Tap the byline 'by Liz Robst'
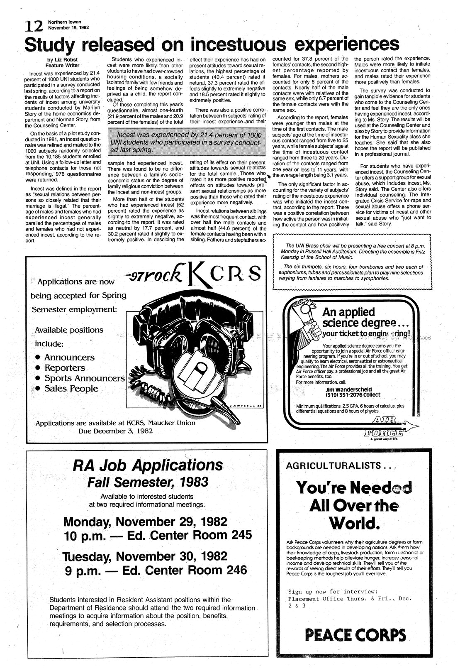[x=63, y=59]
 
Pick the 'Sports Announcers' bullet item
[x=84, y=378]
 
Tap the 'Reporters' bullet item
[x=64, y=368]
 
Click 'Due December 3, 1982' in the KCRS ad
[x=116, y=431]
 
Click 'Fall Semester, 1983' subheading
[x=147, y=482]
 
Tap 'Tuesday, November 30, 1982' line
[x=144, y=556]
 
